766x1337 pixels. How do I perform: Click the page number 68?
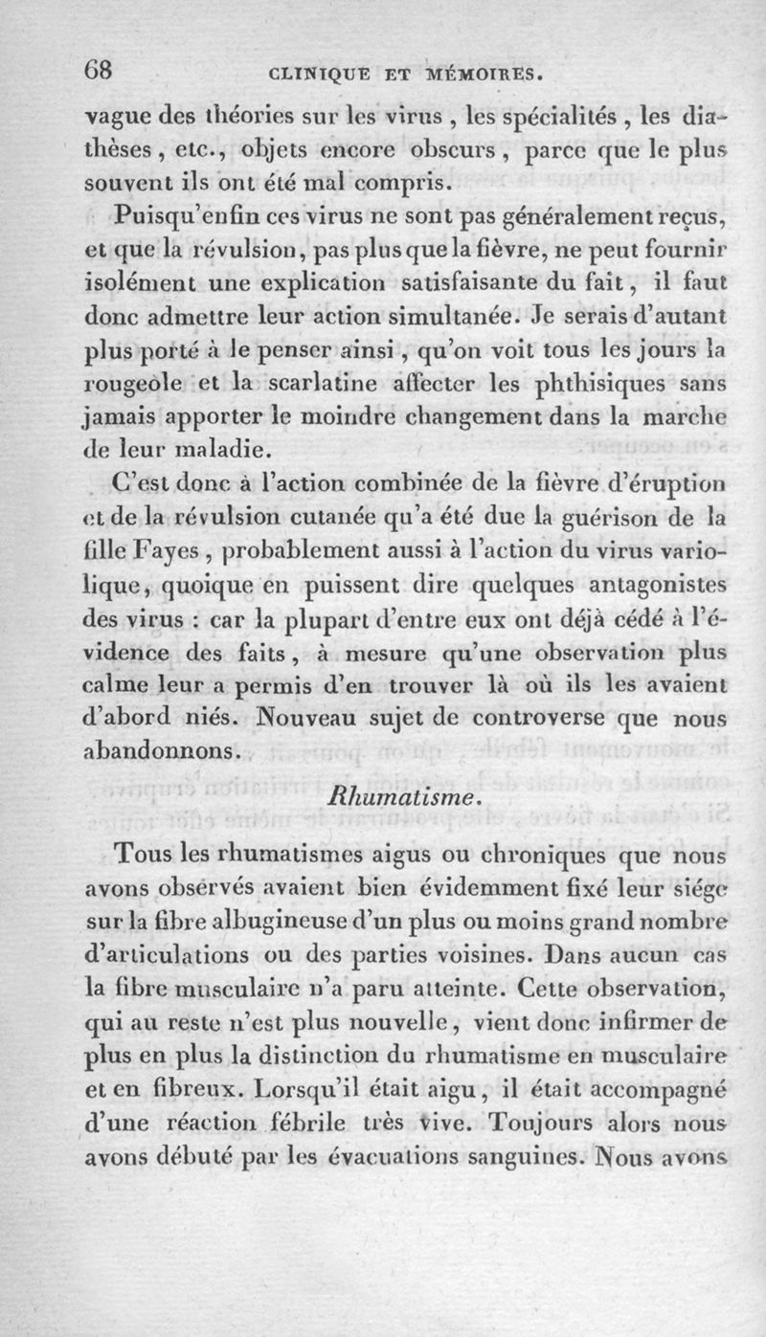[100, 70]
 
